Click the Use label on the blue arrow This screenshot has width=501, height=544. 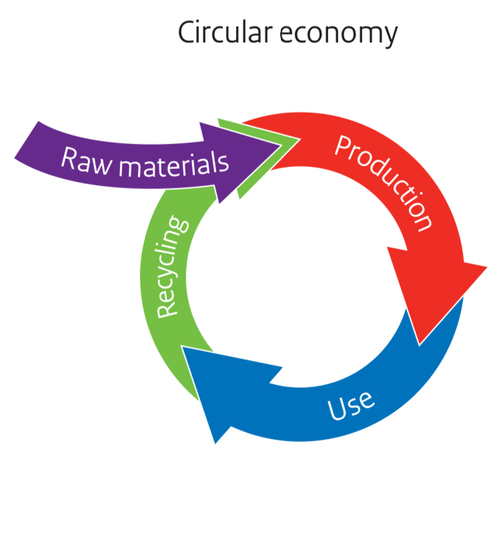pos(351,404)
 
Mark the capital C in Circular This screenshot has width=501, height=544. pos(188,33)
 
